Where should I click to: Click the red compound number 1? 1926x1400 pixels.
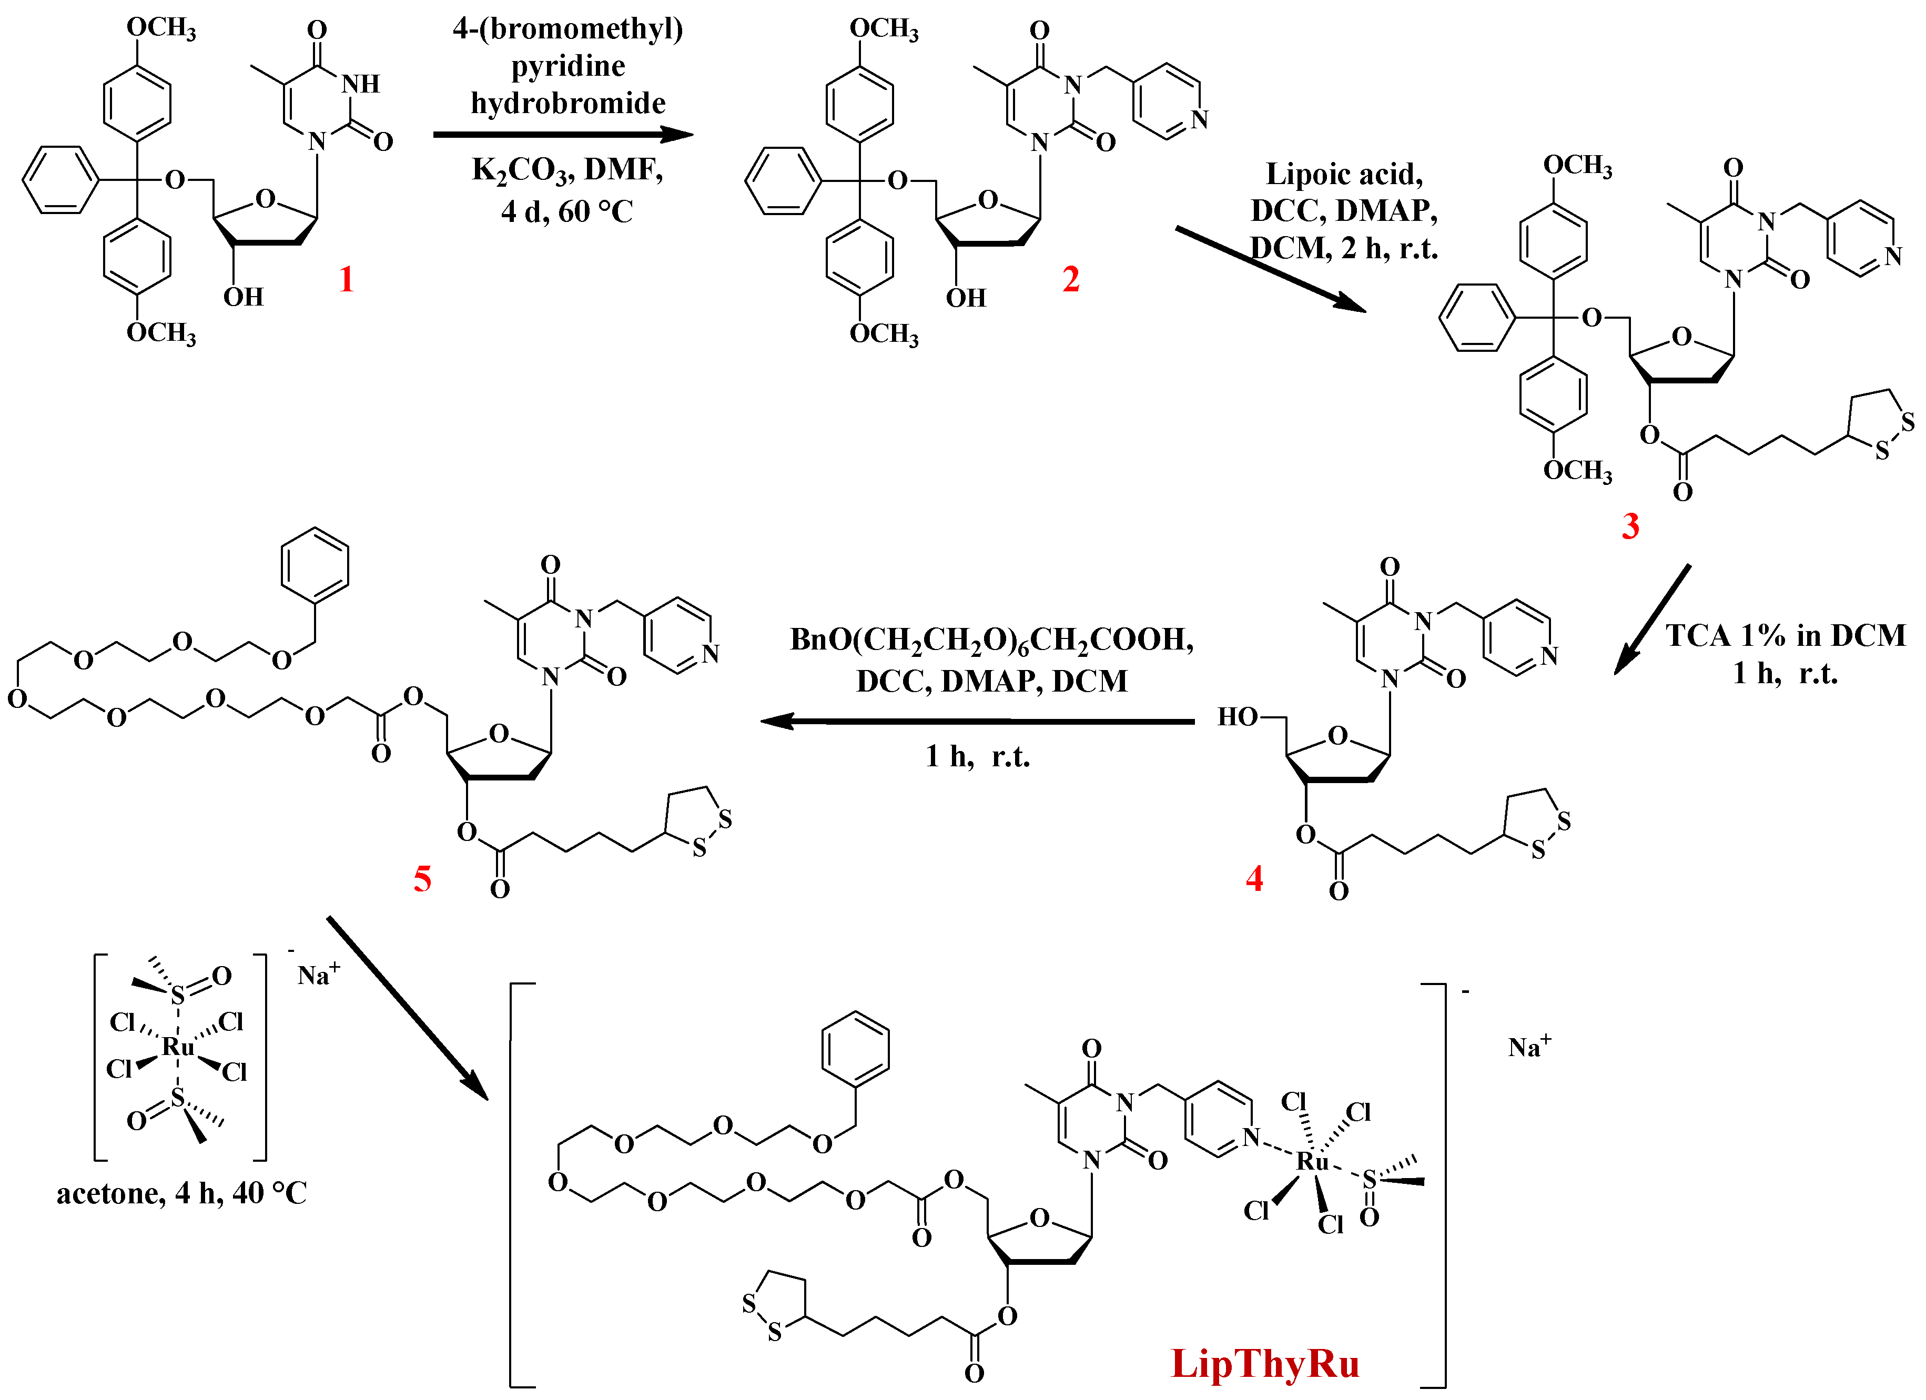click(346, 279)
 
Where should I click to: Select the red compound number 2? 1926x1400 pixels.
click(1071, 279)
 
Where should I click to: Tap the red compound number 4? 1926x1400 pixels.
click(1254, 878)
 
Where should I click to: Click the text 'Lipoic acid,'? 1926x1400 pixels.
click(1344, 174)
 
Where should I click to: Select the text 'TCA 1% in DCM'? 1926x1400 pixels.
click(1786, 635)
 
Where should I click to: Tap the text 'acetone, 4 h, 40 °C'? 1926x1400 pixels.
click(182, 1194)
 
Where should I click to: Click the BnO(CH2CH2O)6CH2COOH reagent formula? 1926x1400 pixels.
click(991, 640)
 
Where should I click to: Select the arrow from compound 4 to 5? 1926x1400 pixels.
click(977, 722)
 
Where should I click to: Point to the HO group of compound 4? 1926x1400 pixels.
click(1238, 716)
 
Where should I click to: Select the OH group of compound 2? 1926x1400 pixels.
click(966, 298)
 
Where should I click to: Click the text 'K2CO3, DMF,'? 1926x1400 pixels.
click(567, 170)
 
